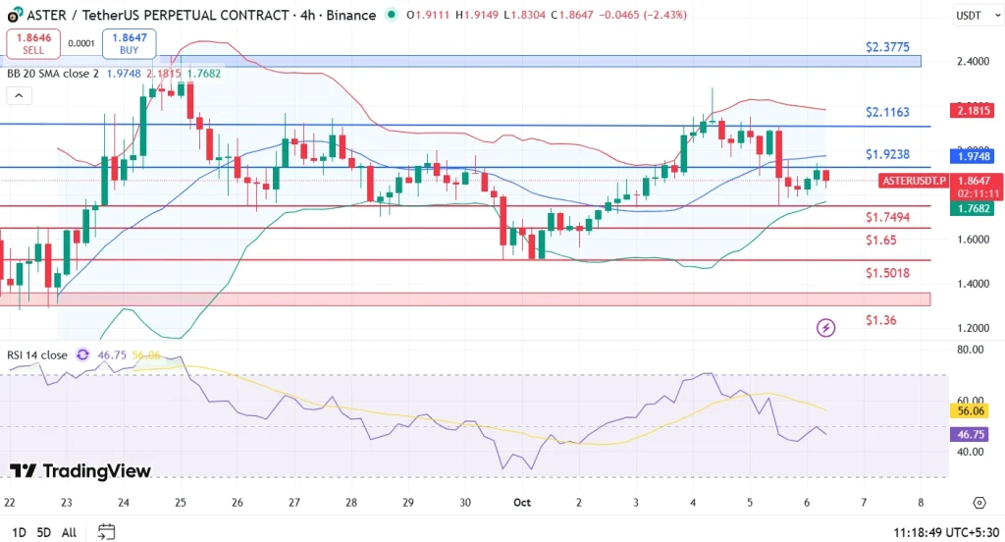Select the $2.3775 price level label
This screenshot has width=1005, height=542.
coord(887,46)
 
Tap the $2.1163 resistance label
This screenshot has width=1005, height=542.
coord(887,113)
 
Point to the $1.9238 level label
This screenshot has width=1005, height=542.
coord(887,154)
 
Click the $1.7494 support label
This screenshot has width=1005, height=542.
coord(887,217)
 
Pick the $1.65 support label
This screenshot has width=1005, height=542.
coord(879,240)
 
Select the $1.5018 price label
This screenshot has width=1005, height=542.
coord(887,273)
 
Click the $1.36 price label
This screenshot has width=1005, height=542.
coord(879,320)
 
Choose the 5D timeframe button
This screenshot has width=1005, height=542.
coord(43,532)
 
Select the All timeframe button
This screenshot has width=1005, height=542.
coord(69,532)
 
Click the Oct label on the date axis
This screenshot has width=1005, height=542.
coord(521,502)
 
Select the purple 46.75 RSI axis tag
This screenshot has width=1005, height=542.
coord(971,434)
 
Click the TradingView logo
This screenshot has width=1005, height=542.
coord(80,471)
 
